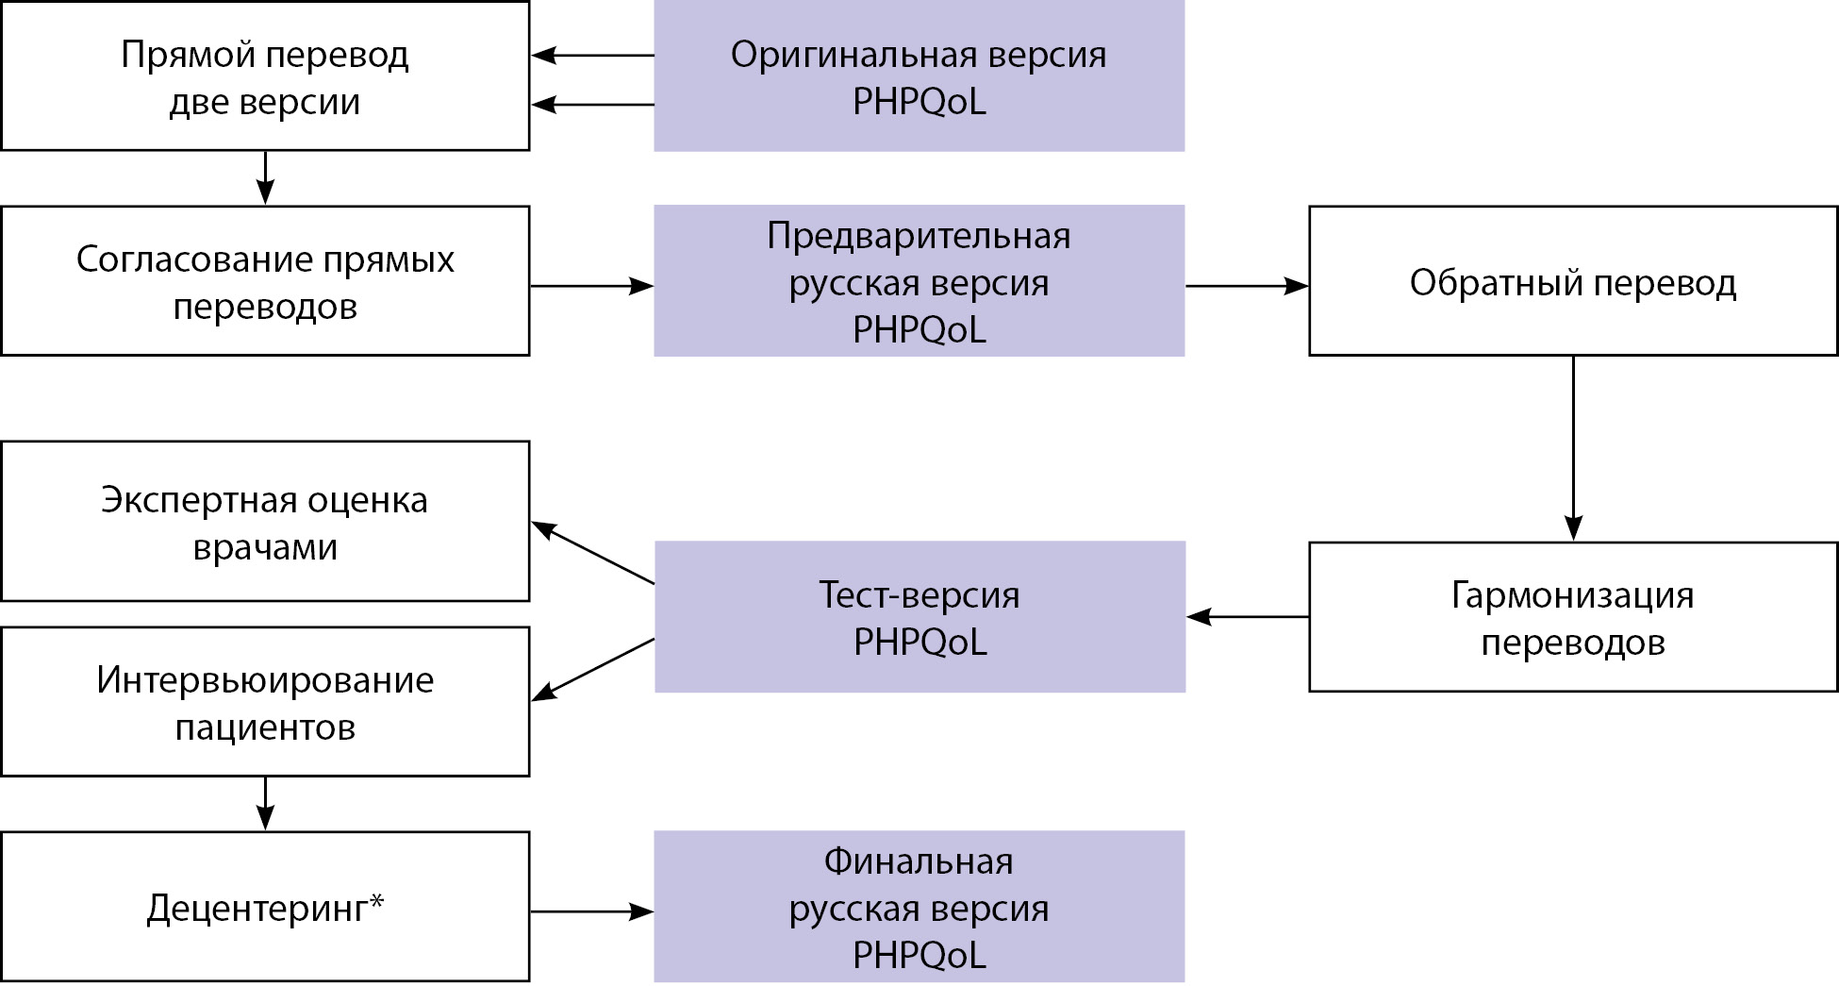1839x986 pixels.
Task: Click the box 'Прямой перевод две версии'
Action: (265, 75)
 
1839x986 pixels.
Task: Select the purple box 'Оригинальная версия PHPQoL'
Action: (919, 75)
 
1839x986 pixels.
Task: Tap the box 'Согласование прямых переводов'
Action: (265, 281)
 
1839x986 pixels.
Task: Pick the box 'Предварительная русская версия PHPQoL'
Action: (919, 281)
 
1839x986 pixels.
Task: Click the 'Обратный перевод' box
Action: (1572, 281)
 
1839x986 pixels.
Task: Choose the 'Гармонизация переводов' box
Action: (1572, 617)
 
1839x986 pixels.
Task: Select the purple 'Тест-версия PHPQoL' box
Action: (919, 617)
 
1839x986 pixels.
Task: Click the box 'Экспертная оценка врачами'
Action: (265, 521)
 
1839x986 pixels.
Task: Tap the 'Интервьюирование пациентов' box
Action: (265, 702)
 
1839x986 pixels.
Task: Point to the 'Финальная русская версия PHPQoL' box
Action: (919, 907)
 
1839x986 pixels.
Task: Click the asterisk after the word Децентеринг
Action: (376, 901)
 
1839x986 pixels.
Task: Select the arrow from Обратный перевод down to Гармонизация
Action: (1572, 448)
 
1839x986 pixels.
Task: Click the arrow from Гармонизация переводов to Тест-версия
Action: (1247, 617)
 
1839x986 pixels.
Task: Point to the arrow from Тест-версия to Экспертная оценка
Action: (592, 553)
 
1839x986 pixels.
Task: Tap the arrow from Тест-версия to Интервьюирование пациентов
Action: (592, 669)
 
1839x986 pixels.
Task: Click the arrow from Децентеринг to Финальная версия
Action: (591, 911)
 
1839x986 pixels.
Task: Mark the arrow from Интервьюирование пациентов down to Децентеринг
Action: (265, 803)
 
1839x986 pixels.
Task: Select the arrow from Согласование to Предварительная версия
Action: (591, 286)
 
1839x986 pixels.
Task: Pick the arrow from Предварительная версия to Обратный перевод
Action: (1247, 285)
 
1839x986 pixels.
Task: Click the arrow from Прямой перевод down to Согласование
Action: (265, 177)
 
